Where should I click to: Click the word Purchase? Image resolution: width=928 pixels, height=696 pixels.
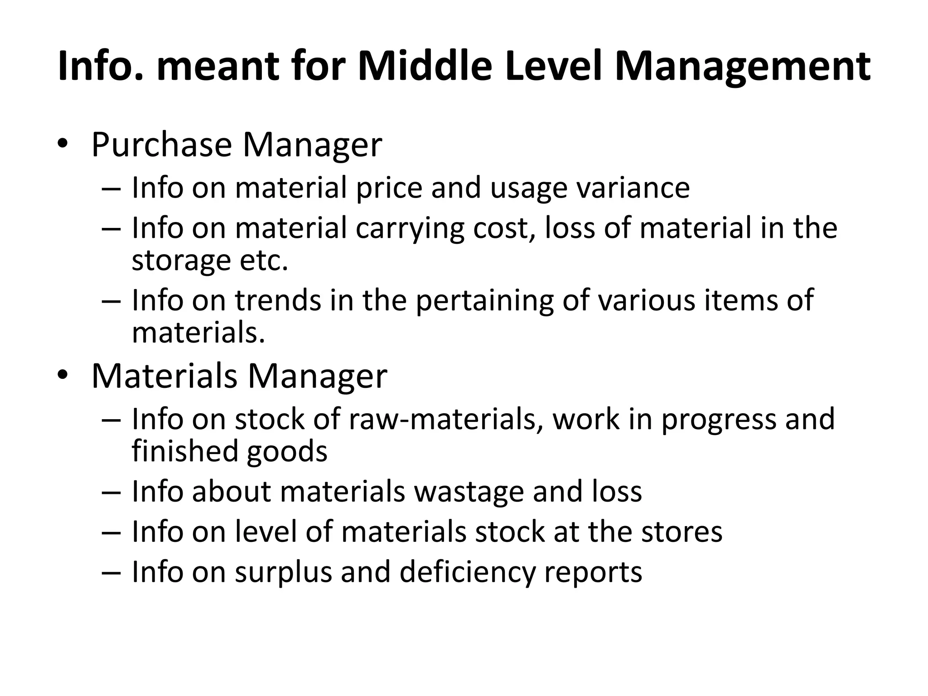tap(161, 145)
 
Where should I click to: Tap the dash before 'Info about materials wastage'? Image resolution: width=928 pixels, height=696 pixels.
tap(111, 492)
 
